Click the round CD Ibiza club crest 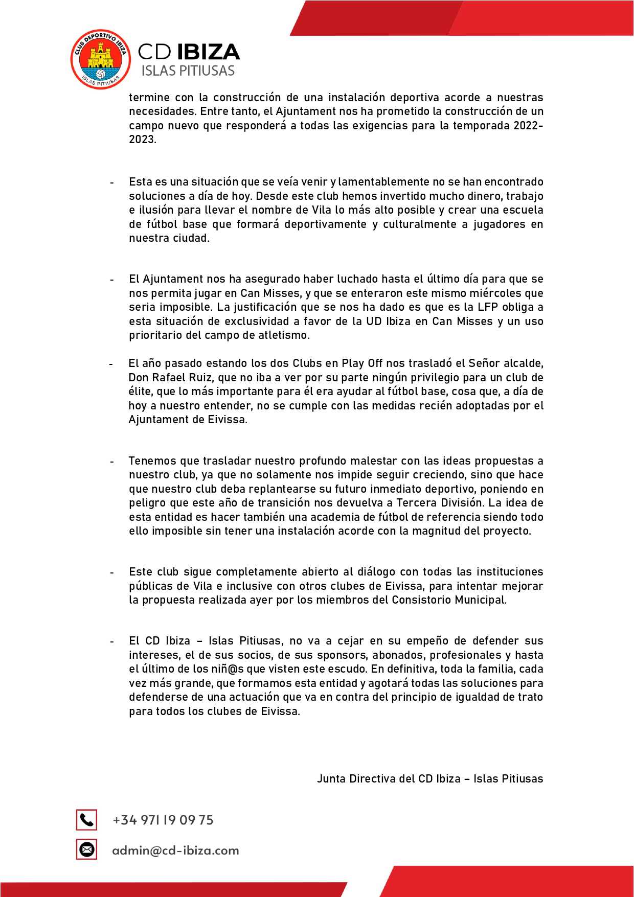100,59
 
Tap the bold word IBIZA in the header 209,52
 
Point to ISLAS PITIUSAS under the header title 188,71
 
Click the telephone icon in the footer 86,820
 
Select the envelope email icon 86,849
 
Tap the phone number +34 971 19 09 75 163,820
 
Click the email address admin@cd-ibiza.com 175,850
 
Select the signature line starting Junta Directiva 429,778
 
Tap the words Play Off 361,363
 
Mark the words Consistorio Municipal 448,600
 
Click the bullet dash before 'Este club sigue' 112,572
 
